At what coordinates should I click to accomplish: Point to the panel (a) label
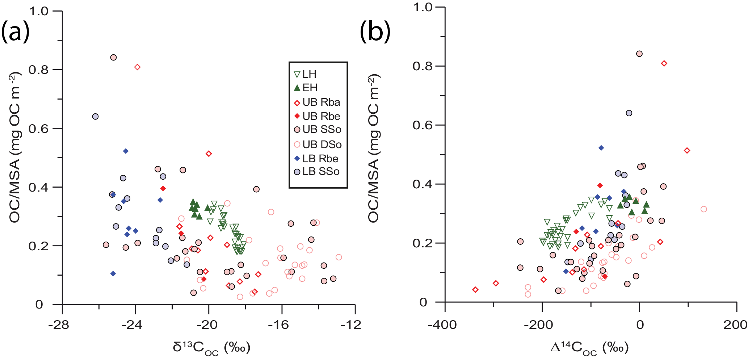[15, 32]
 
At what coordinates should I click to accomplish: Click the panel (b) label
[375, 32]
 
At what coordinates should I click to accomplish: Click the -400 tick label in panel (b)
[442, 325]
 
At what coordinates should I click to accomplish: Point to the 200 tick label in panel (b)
[735, 325]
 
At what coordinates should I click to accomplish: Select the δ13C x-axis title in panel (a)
[212, 348]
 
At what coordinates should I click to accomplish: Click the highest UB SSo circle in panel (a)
[113, 57]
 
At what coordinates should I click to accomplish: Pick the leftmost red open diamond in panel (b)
[475, 290]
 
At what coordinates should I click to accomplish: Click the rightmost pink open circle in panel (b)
[703, 209]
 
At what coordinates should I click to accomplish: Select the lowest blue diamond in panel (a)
[113, 273]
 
